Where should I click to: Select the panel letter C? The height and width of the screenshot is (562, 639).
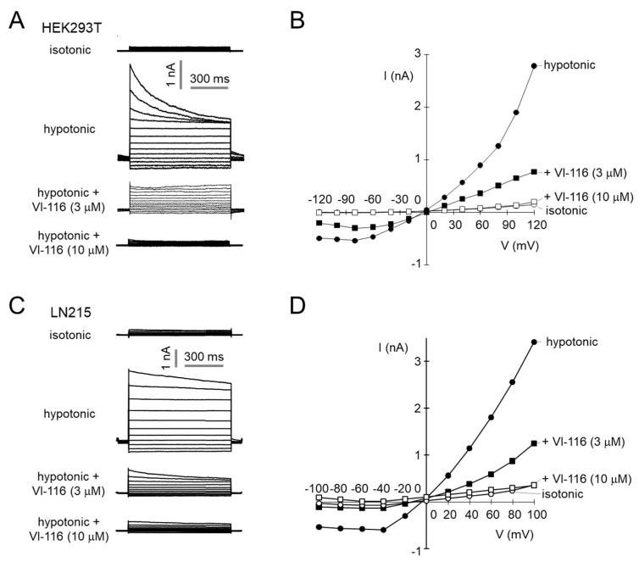click(15, 301)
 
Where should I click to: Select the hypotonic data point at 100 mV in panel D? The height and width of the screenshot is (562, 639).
click(533, 342)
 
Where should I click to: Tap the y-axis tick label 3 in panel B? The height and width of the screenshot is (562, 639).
click(416, 53)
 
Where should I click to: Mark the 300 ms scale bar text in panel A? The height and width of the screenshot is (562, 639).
click(208, 78)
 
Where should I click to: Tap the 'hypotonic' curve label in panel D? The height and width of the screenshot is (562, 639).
click(572, 342)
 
